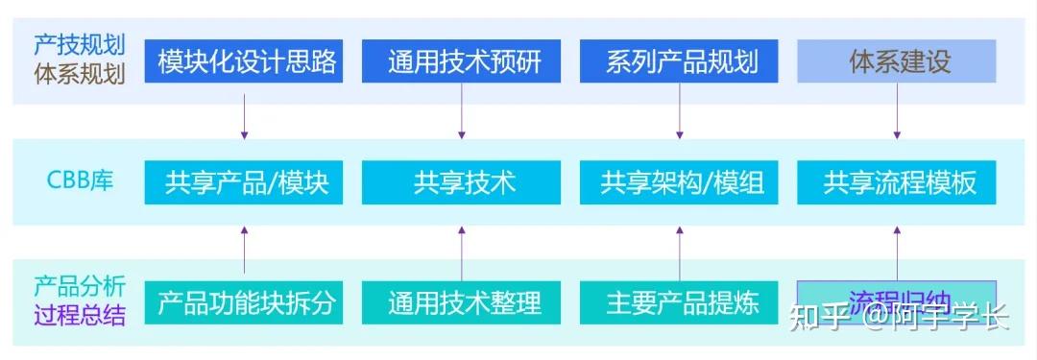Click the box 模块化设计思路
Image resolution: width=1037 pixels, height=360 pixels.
click(246, 62)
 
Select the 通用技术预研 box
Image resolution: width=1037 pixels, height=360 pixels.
click(463, 62)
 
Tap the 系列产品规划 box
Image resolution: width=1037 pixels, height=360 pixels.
click(681, 62)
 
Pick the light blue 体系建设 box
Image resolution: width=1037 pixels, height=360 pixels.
click(898, 62)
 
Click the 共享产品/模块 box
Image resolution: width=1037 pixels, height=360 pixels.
click(246, 182)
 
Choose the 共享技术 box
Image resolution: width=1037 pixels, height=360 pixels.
click(463, 182)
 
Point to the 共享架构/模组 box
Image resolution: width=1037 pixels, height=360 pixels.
click(681, 182)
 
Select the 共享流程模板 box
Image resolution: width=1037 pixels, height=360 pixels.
click(898, 182)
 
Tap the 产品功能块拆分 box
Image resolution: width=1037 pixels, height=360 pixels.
click(246, 302)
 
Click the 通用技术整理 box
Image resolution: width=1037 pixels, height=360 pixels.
click(463, 302)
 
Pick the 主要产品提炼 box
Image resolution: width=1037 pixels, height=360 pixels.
click(681, 302)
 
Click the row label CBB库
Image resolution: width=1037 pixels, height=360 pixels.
click(81, 180)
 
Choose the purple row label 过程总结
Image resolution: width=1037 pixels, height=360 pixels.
click(79, 315)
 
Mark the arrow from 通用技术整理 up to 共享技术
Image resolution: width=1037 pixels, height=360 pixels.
click(462, 252)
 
